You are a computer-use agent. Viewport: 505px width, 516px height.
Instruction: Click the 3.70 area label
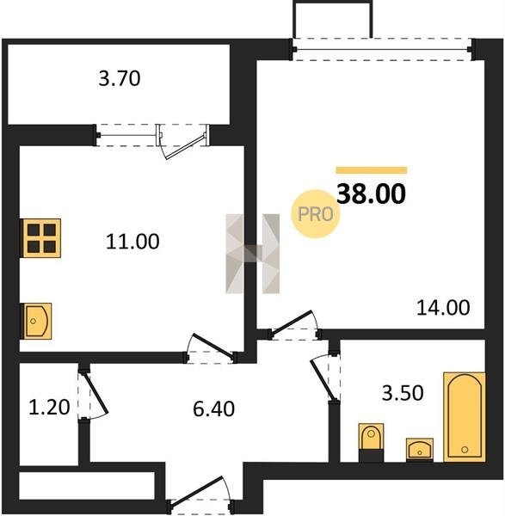pos(120,79)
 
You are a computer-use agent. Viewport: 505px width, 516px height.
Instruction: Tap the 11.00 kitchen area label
pos(132,241)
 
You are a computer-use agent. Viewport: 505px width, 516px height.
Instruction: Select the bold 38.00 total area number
pos(372,193)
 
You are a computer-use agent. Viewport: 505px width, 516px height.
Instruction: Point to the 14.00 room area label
pos(443,308)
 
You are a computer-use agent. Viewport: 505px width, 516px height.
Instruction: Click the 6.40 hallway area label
pos(213,409)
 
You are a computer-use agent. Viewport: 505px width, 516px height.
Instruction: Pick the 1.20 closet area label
pos(49,407)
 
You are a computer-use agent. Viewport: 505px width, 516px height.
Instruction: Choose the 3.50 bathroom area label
pos(403,393)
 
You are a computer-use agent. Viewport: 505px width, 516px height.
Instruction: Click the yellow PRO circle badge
pos(316,214)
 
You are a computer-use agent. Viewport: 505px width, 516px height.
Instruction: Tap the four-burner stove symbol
pos(41,238)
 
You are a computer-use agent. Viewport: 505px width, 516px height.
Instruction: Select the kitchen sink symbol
pos(36,321)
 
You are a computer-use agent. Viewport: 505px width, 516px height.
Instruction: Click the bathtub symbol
pos(465,417)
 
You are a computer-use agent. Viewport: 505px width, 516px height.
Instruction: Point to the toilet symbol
pos(371,442)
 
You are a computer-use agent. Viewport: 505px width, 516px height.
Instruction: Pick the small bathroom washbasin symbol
pos(420,449)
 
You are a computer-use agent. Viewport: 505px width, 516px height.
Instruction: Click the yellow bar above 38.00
pos(372,170)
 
